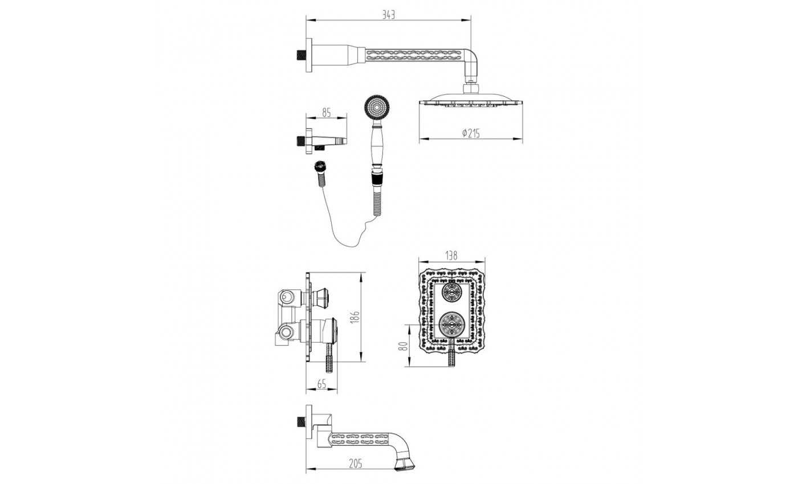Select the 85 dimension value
click(327, 113)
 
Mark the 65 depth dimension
click(321, 384)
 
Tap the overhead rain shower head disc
click(471, 102)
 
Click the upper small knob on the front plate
click(452, 293)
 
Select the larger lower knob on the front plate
click(453, 325)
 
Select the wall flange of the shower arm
click(309, 55)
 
